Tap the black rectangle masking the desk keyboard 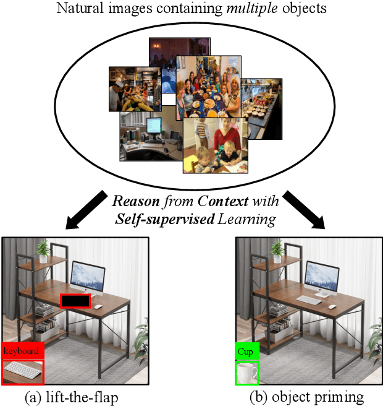pos(75,301)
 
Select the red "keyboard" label pos(22,351)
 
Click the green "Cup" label pos(246,351)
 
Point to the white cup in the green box pos(246,373)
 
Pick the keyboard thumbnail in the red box pos(23,373)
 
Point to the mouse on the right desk pos(332,306)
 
